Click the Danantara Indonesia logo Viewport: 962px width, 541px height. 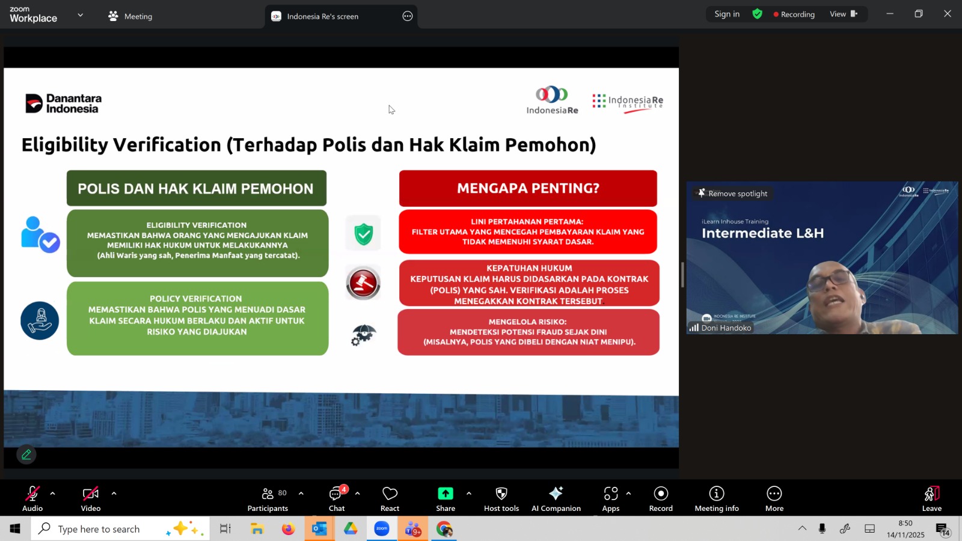tap(64, 103)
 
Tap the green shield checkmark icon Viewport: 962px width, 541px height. tap(363, 234)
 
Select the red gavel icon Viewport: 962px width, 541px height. tap(363, 283)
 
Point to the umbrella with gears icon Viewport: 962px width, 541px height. tap(363, 335)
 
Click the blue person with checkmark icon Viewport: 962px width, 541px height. tap(40, 234)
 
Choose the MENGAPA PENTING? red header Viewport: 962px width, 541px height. tap(528, 188)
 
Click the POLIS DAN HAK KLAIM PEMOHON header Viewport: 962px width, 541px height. tap(196, 188)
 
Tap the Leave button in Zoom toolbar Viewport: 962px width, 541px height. tap(931, 499)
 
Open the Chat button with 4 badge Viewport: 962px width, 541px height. tap(337, 499)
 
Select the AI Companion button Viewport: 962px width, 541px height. tap(556, 499)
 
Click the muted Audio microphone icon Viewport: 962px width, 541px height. tap(32, 494)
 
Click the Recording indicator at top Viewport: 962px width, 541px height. tap(794, 14)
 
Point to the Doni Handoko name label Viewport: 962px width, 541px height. tap(726, 328)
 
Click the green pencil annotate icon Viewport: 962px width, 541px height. tap(26, 454)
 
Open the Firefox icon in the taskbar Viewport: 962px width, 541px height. tap(288, 528)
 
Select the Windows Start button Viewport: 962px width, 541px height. tap(15, 528)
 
